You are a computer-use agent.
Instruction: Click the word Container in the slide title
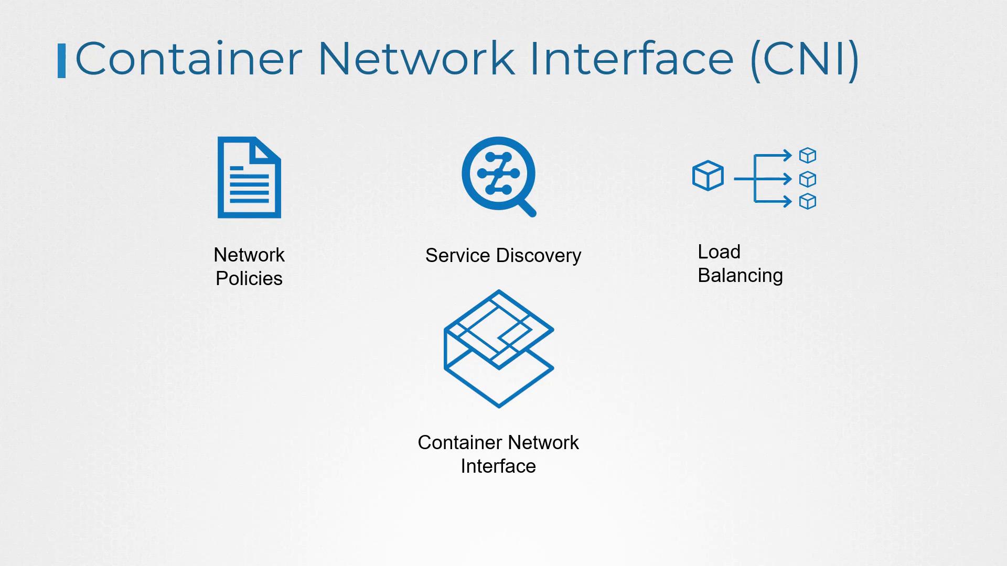tap(189, 59)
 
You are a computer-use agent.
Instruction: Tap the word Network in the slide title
tap(416, 59)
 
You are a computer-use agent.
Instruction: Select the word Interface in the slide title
tap(631, 59)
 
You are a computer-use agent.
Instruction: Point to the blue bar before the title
tap(61, 61)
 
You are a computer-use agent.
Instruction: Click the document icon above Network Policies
tap(249, 177)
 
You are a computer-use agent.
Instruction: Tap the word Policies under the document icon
tap(249, 278)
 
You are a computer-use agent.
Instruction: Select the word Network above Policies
tap(249, 255)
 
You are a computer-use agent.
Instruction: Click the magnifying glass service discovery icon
tap(498, 174)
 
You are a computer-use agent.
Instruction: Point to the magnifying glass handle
tap(527, 208)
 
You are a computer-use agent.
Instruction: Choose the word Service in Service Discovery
tap(458, 255)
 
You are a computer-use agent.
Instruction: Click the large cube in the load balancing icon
tap(708, 176)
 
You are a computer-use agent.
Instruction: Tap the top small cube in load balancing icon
tap(808, 155)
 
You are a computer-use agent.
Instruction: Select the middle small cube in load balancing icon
tap(808, 179)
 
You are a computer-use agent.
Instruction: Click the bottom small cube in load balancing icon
tap(808, 201)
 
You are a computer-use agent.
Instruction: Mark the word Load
tap(719, 252)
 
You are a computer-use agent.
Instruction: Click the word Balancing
tap(740, 275)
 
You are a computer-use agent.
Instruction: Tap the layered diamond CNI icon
tap(498, 349)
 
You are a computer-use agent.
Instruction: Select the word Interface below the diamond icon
tap(498, 466)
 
